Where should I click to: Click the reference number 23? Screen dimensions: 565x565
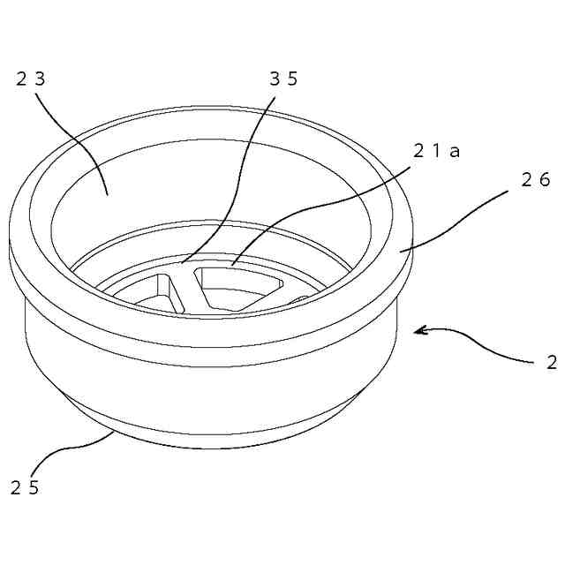click(x=30, y=79)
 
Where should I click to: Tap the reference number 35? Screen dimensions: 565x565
click(x=284, y=79)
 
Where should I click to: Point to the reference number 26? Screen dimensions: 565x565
click(x=535, y=179)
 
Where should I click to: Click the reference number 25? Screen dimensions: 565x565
click(x=24, y=486)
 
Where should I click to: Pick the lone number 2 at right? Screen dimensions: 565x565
click(x=551, y=362)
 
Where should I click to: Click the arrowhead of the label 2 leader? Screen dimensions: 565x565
click(x=418, y=332)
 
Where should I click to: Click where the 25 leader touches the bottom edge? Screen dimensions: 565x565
click(x=113, y=432)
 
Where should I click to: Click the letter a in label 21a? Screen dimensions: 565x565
click(x=456, y=151)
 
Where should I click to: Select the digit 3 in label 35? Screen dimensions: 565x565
click(x=275, y=79)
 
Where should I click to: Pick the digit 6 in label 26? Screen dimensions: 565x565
click(x=545, y=179)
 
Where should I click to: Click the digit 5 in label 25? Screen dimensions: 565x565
click(x=34, y=486)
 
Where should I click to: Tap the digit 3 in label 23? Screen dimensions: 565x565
click(x=40, y=79)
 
